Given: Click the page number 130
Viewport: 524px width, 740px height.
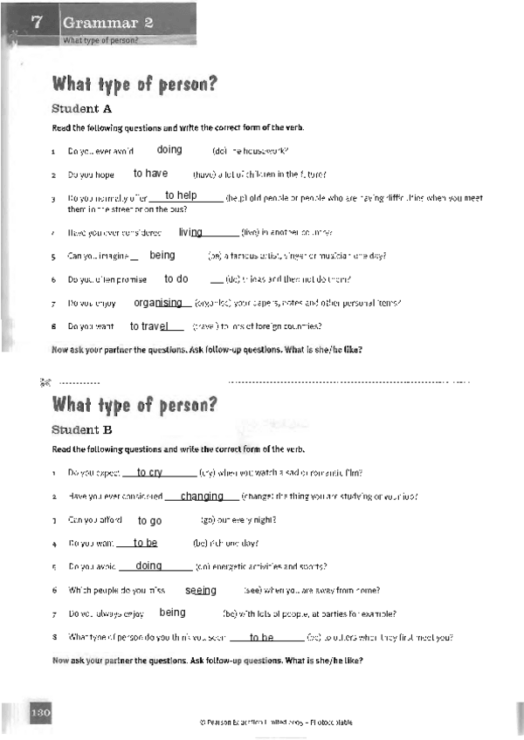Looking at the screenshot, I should coord(40,713).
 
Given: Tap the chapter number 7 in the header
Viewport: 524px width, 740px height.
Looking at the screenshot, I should coord(37,23).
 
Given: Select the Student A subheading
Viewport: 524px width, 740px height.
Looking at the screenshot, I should coord(82,109).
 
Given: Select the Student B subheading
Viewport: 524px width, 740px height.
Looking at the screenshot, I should coord(82,429).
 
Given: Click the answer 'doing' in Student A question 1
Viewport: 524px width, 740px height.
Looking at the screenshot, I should coord(169,150).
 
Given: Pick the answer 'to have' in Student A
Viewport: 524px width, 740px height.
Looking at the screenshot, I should coord(151,174).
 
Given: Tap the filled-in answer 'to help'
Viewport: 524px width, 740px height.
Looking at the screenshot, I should coord(181,195).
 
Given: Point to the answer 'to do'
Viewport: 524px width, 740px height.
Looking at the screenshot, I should coord(176,279).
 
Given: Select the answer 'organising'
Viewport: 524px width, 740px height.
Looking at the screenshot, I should coord(158,303).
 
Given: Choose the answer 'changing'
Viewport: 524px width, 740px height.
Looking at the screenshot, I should coord(202,496).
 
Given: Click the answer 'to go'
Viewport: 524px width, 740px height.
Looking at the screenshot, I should coord(150,520).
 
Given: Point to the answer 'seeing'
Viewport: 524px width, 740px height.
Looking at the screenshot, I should coord(201,590).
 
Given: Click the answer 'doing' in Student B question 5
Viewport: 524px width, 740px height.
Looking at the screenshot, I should coord(149,565).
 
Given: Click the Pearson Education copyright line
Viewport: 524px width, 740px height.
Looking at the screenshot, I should coord(276,723).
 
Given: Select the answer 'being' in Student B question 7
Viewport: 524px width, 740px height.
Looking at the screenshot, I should coord(173,613).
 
